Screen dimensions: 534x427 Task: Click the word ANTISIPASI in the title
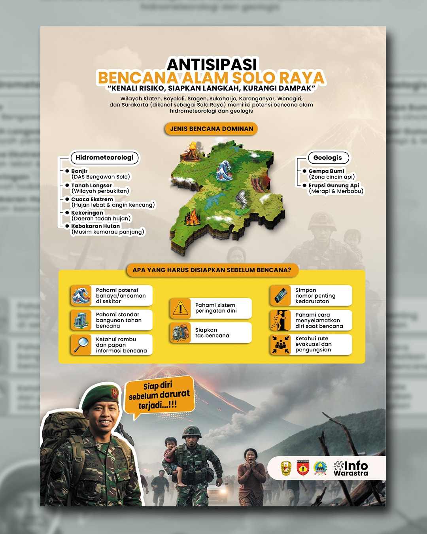tap(212, 64)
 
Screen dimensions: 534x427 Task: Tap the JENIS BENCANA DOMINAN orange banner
tap(212, 129)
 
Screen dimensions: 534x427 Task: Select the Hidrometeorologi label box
tap(104, 158)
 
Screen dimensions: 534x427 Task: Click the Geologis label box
tap(327, 158)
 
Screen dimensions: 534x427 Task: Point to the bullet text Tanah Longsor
tap(91, 185)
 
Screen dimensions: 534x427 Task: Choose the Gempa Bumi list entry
tap(326, 171)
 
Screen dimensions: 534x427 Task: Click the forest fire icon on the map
tap(193, 217)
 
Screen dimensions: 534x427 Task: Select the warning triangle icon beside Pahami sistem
tap(181, 308)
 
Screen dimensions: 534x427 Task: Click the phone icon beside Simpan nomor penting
tap(280, 295)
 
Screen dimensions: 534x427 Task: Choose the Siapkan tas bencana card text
tap(212, 333)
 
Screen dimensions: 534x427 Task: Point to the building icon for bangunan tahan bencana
tap(81, 320)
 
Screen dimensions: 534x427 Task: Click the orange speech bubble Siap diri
tap(159, 395)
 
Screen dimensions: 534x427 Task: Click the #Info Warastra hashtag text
tap(351, 468)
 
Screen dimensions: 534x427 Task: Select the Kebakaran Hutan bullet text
tap(95, 226)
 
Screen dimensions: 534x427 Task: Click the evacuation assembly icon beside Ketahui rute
tap(280, 344)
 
